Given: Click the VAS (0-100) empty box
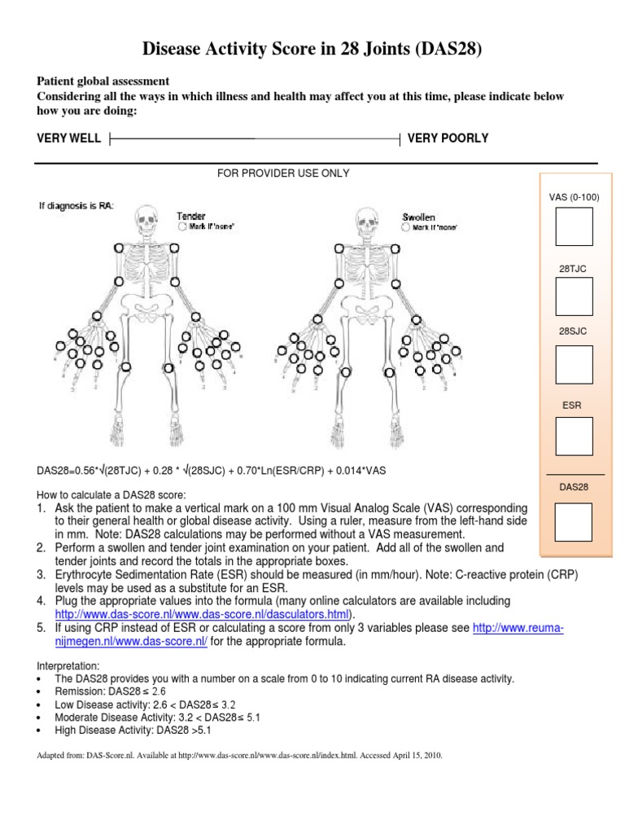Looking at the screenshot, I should pyautogui.click(x=574, y=226).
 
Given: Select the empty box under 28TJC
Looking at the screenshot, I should pyautogui.click(x=574, y=296).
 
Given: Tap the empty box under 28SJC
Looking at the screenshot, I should pyautogui.click(x=574, y=367).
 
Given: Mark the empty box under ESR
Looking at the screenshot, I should pyautogui.click(x=574, y=437).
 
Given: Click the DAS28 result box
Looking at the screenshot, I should pyautogui.click(x=574, y=522).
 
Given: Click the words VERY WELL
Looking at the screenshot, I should pyautogui.click(x=69, y=138).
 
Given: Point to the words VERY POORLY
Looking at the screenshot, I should pyautogui.click(x=448, y=138).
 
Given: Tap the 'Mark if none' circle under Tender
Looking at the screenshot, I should pyautogui.click(x=181, y=228).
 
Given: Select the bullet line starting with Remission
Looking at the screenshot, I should pyautogui.click(x=110, y=691).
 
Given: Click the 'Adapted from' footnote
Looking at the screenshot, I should pyautogui.click(x=240, y=756).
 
